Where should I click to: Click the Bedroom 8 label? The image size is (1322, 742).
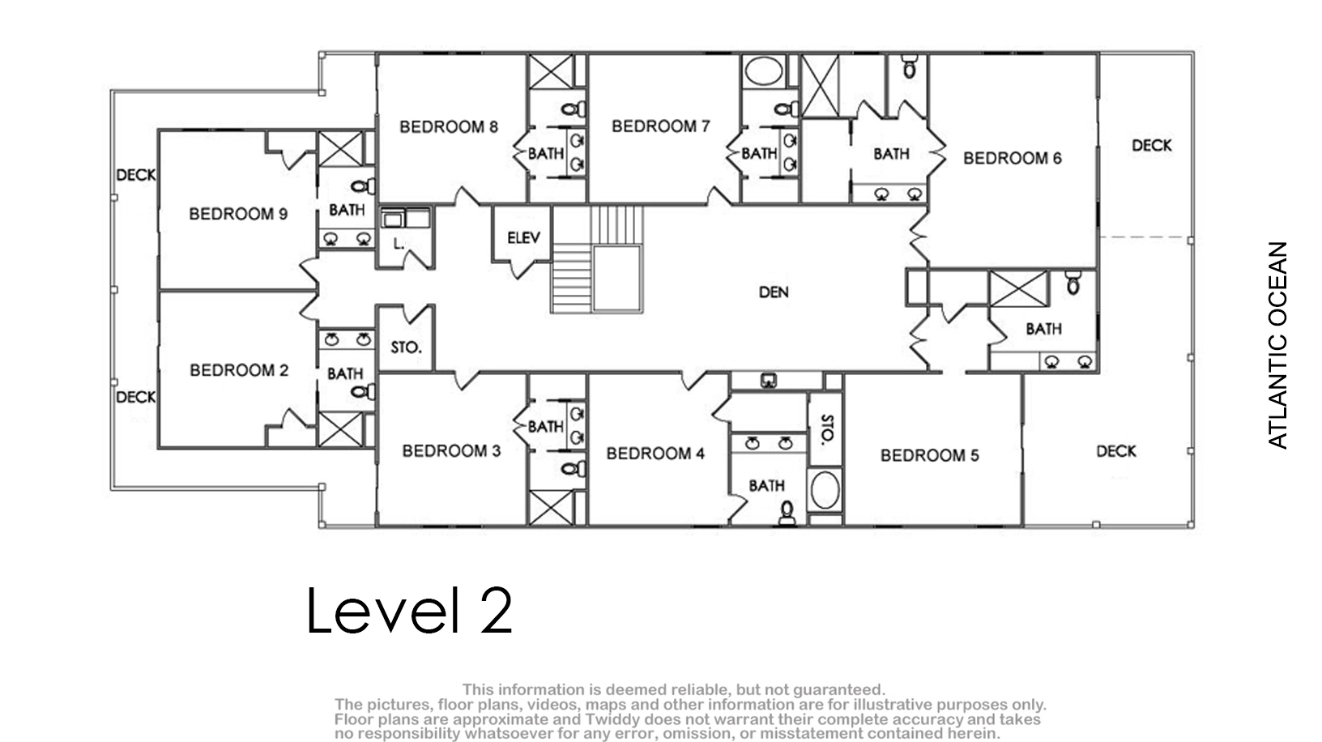(449, 127)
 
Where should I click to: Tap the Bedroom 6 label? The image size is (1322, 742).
(1013, 158)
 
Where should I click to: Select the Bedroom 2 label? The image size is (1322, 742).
(239, 370)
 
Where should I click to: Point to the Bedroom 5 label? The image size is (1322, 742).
(930, 455)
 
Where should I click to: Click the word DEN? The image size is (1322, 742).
(774, 292)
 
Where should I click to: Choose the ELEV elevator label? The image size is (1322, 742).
(523, 237)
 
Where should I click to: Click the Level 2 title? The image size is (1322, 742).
(409, 610)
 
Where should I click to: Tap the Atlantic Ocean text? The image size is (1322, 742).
(1277, 345)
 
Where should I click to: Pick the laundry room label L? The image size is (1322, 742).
(399, 243)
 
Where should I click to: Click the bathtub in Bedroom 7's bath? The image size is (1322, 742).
(763, 70)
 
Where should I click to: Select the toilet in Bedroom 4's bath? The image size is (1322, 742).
(787, 513)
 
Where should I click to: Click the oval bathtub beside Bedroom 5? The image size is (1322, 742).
(825, 489)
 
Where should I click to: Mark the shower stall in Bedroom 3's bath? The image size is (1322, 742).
(551, 508)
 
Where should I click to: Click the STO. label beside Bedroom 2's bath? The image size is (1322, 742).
(406, 348)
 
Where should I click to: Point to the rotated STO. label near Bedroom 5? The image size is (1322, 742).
(827, 429)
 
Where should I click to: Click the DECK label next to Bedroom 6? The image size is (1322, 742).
(1151, 145)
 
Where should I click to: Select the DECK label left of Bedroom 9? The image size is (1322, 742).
(136, 175)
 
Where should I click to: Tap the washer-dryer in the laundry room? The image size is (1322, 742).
(405, 219)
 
